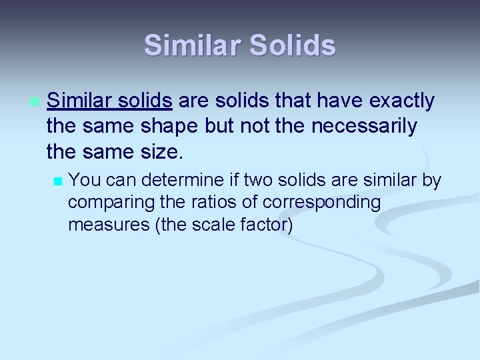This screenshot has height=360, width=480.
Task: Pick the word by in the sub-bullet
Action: pos(431,180)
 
